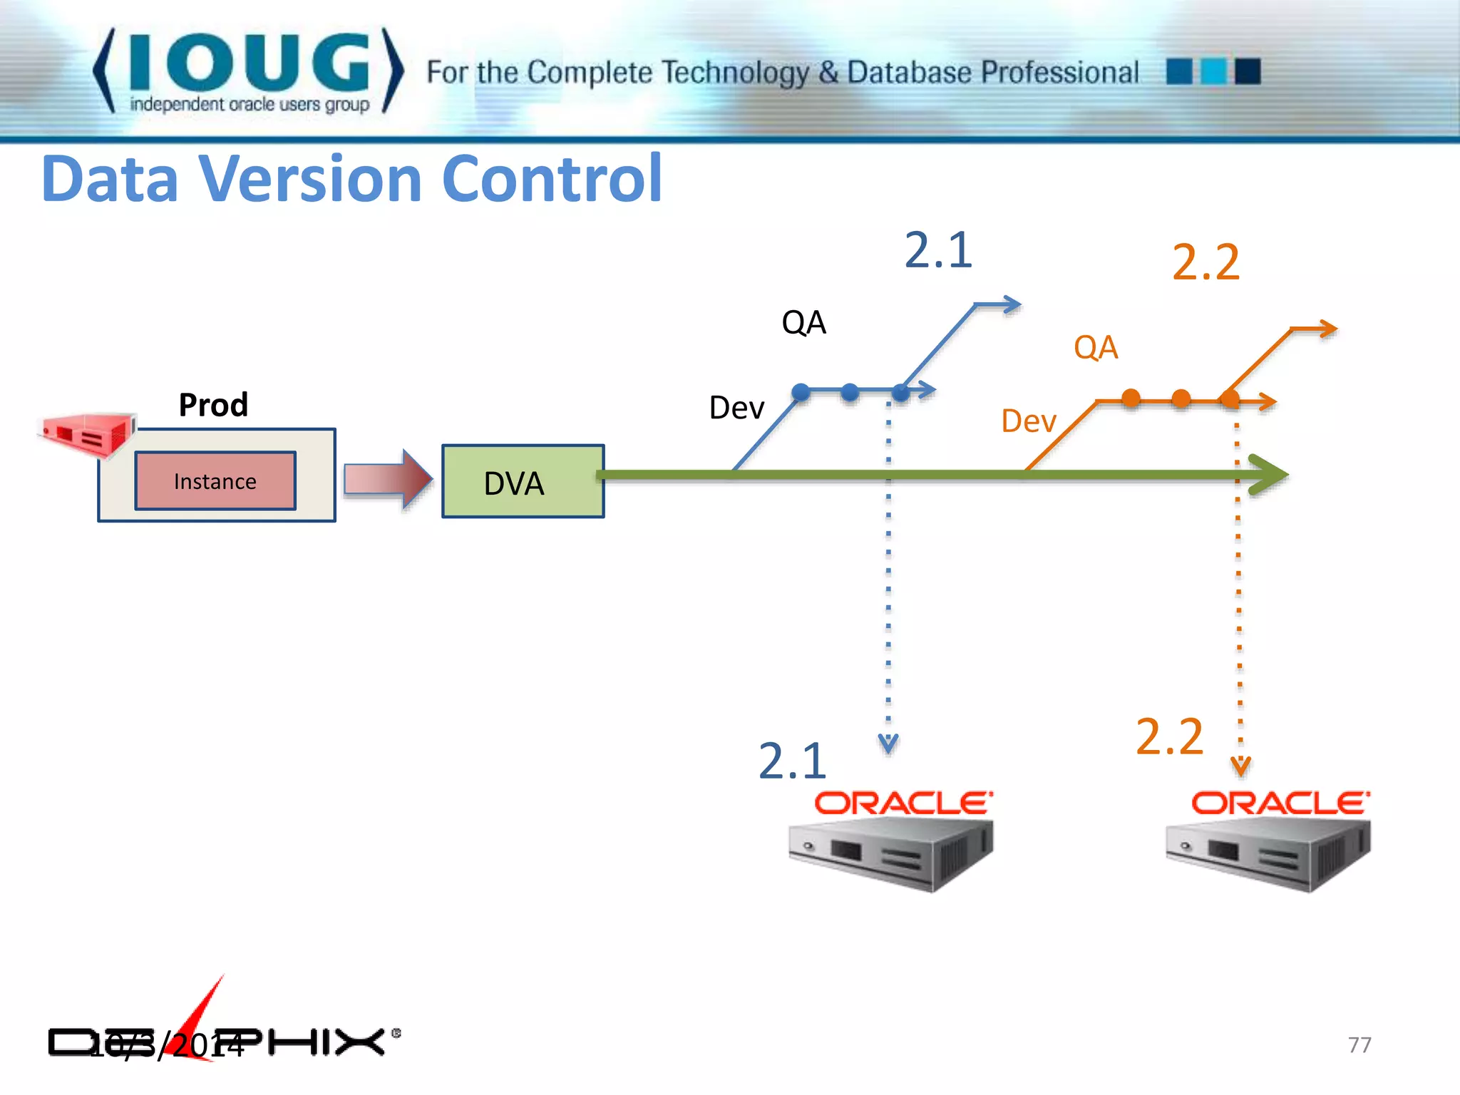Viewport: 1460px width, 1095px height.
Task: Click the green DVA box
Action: pos(523,481)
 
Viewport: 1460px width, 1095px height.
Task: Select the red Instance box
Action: pos(215,481)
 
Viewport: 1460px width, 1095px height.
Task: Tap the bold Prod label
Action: pos(213,405)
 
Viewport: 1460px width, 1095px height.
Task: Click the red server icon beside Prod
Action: pos(87,432)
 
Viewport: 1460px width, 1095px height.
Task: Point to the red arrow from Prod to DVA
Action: pos(388,479)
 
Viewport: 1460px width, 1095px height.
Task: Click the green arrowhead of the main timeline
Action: pos(1269,475)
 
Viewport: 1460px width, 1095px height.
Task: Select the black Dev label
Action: pos(736,408)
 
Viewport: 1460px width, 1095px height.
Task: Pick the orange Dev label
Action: pos(1028,421)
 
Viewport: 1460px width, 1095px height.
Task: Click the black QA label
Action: pos(803,322)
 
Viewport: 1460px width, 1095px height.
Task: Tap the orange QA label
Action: pos(1096,348)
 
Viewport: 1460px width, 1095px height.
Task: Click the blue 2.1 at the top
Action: pos(938,250)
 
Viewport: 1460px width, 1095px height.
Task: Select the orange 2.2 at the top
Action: pos(1206,262)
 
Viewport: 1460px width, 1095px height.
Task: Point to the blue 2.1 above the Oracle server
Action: pos(792,761)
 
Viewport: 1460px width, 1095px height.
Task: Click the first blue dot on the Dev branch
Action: pos(801,391)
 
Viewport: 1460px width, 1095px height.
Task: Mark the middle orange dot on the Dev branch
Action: pos(1181,398)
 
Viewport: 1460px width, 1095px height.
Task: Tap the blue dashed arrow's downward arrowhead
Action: pos(888,744)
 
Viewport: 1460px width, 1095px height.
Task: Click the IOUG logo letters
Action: pos(249,63)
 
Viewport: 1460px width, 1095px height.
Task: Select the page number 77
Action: pos(1359,1044)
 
